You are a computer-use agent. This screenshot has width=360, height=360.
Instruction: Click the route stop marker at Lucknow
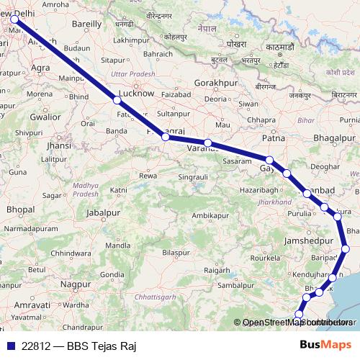click(117, 101)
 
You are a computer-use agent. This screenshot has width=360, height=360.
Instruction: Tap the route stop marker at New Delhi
click(14, 20)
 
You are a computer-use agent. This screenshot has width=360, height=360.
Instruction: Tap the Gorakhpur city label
click(216, 84)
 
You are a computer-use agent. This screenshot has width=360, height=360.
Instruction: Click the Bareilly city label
click(87, 23)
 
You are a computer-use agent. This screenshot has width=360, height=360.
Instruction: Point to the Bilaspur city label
click(176, 253)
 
